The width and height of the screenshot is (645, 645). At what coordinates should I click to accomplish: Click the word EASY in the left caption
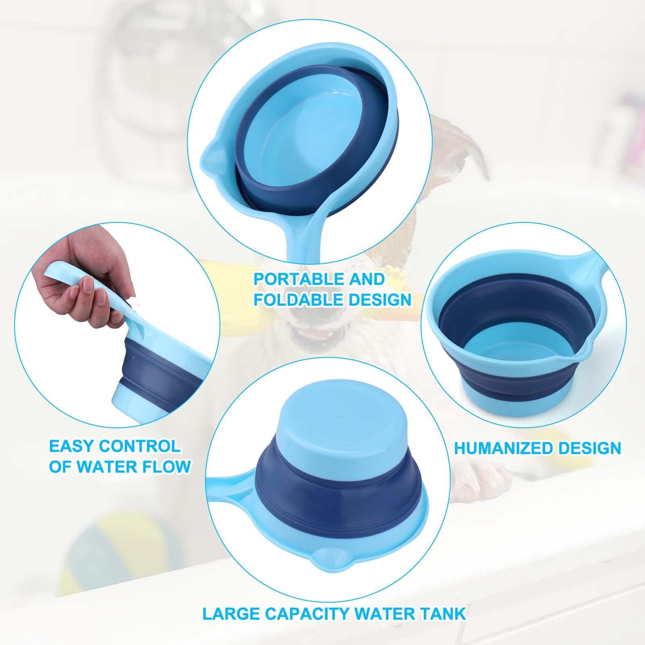[x=71, y=446]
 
